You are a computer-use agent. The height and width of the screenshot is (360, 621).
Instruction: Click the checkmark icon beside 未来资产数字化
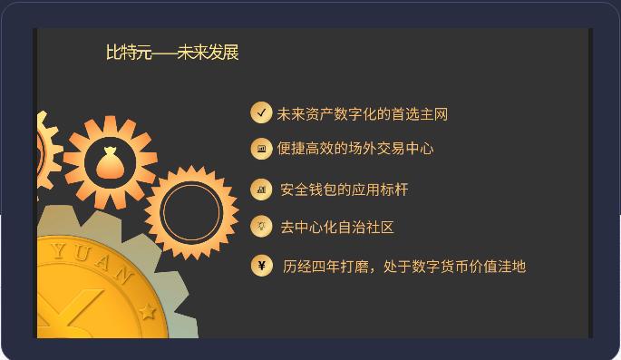click(x=261, y=112)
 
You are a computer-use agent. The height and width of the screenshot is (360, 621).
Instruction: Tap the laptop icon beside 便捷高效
click(x=261, y=148)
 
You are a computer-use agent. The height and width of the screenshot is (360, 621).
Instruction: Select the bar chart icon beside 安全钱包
click(x=261, y=190)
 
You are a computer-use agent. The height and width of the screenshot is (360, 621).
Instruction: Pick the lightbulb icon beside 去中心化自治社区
click(x=261, y=226)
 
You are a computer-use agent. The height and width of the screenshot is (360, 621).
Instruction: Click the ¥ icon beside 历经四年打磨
click(x=261, y=265)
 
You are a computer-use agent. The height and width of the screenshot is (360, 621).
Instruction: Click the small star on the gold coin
click(x=148, y=312)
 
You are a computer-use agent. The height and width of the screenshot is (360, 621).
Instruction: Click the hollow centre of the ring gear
click(x=191, y=212)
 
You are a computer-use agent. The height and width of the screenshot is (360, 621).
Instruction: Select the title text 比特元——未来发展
click(x=172, y=53)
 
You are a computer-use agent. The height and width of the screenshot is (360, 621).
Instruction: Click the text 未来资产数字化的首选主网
click(x=362, y=114)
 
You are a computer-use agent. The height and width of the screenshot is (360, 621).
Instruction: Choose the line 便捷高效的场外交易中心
click(x=354, y=149)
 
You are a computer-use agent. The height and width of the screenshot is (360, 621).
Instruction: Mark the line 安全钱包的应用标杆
click(x=344, y=190)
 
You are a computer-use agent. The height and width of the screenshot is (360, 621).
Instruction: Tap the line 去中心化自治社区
click(x=336, y=227)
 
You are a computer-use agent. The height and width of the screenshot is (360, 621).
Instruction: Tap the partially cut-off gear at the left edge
click(x=45, y=154)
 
